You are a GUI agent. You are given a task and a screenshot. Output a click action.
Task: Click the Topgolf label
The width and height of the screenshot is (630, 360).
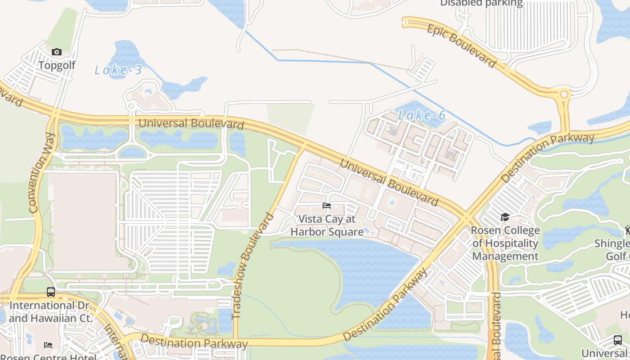point(57,65)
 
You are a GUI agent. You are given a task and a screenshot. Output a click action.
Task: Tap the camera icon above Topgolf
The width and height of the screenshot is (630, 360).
point(57,52)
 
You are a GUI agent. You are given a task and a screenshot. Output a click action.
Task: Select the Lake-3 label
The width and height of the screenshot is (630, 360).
point(118,70)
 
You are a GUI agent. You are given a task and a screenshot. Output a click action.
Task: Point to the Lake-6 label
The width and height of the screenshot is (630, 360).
point(422,116)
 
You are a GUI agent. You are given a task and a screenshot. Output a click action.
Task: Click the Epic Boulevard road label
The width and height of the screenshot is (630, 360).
point(461,45)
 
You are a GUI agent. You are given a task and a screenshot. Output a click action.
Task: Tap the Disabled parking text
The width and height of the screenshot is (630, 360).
point(481,4)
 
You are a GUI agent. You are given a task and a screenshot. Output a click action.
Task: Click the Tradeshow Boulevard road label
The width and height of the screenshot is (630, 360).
point(254,265)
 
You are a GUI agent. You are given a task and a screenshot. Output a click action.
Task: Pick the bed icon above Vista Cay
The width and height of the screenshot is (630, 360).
point(327,206)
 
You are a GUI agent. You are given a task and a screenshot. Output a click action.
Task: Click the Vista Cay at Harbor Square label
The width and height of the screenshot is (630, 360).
point(327,225)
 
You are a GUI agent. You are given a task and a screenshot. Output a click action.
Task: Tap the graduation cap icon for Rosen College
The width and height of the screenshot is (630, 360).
point(505,217)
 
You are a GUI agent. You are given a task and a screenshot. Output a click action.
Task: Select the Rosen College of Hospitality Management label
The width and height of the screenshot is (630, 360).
point(505,243)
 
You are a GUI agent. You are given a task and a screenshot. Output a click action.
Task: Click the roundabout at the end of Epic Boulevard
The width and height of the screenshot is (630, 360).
point(563,95)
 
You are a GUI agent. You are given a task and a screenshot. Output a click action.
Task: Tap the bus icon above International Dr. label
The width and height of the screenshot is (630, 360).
point(51,292)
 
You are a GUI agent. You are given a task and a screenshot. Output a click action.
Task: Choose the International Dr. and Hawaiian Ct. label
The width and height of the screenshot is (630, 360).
point(50,311)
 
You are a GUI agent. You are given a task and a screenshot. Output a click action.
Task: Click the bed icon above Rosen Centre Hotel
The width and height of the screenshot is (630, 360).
point(48,345)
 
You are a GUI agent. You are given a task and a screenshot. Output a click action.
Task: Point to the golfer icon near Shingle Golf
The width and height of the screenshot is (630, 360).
point(627,230)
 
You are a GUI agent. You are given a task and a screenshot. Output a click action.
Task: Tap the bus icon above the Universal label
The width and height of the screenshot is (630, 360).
point(617,340)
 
